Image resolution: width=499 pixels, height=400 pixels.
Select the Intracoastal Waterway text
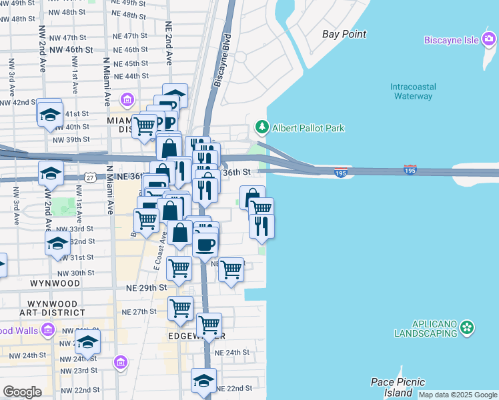tap(413, 91)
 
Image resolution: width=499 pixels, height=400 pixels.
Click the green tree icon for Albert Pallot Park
tap(262, 127)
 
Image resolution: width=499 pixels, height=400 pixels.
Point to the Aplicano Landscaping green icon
tap(468, 327)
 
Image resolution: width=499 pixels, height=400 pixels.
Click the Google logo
tap(22, 392)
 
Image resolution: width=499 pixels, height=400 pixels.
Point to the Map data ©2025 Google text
tap(457, 395)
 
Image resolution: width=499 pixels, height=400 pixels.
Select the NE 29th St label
tap(146, 287)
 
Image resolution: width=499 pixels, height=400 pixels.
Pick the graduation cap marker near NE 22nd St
tap(203, 379)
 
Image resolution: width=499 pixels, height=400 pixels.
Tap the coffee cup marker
tap(205, 243)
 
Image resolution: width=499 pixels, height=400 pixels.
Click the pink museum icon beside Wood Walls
tap(47, 329)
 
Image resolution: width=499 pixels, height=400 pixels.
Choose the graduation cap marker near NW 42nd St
tap(50, 114)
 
